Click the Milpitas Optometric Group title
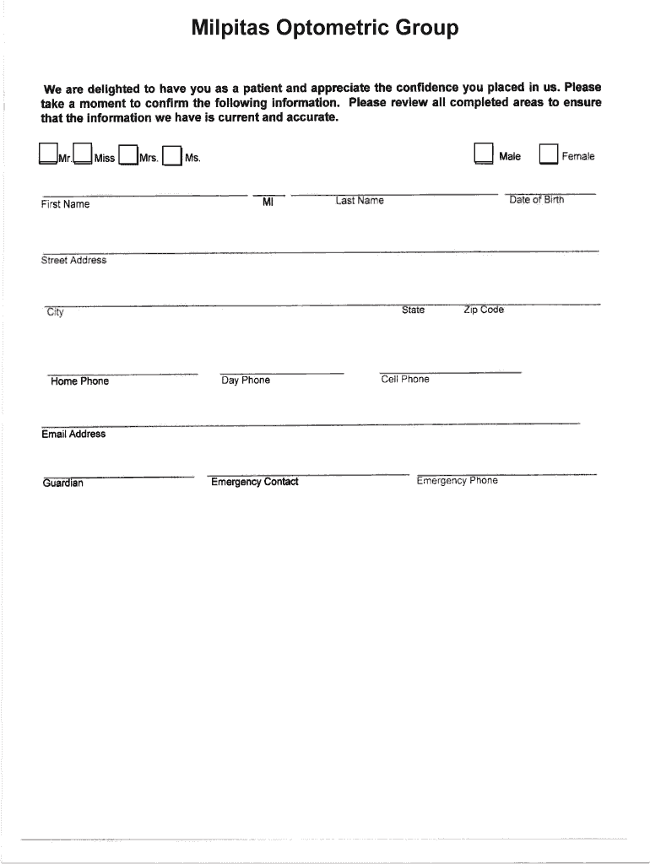(x=325, y=29)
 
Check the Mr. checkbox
(x=47, y=154)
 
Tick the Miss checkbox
(x=82, y=154)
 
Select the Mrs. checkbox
(x=127, y=155)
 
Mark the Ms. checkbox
(x=172, y=156)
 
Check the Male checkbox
(x=483, y=154)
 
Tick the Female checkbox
(x=549, y=154)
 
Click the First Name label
(x=65, y=204)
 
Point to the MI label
(x=268, y=202)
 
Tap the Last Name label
(x=360, y=201)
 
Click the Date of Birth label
(x=537, y=200)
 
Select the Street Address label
(x=74, y=261)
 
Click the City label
(x=56, y=313)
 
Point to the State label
(x=414, y=310)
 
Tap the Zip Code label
(x=484, y=310)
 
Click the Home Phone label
(x=80, y=381)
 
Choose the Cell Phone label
(x=405, y=380)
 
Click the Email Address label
(x=73, y=435)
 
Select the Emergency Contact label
(x=255, y=482)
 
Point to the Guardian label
(x=63, y=483)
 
